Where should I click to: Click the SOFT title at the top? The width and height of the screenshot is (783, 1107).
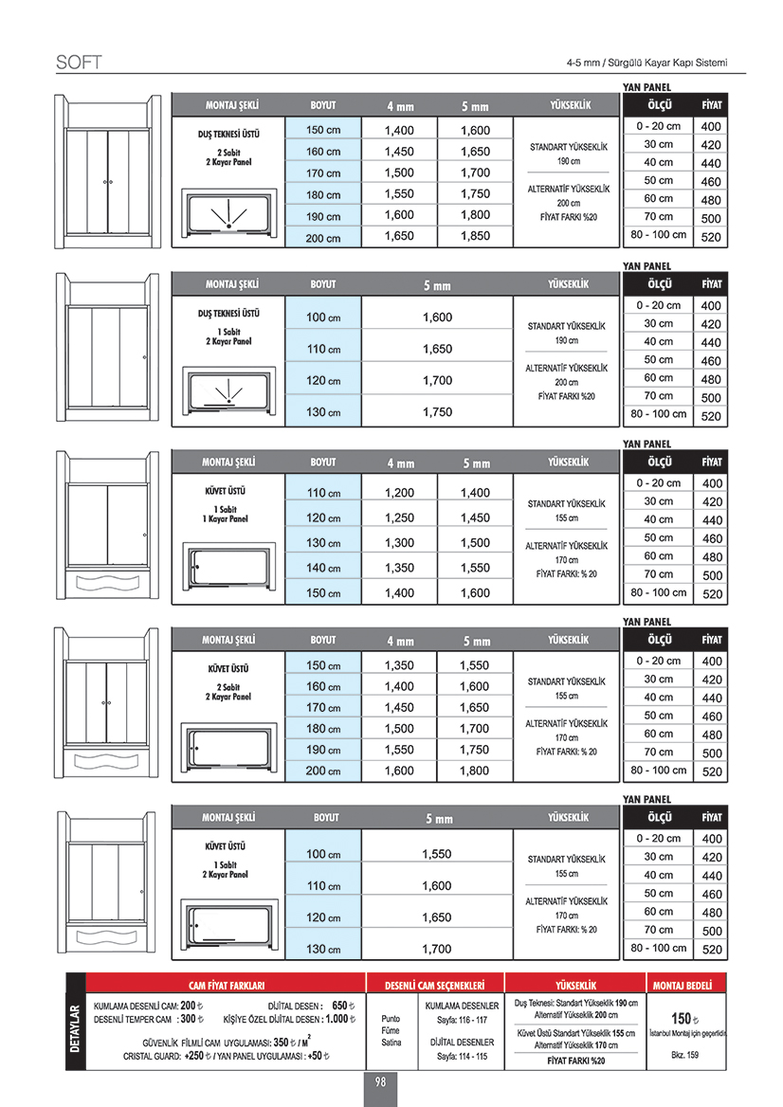coord(79,64)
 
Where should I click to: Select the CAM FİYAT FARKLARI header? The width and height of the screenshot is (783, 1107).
coord(227,984)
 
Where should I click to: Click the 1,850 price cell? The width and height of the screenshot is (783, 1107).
coord(475,236)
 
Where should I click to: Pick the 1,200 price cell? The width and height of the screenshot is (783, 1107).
coord(399,493)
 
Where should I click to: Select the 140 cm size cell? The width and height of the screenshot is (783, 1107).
coord(323,569)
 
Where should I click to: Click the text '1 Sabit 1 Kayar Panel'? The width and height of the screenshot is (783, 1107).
coord(226,514)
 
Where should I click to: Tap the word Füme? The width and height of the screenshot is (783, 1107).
coord(391,1030)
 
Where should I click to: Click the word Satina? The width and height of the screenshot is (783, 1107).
coord(391,1043)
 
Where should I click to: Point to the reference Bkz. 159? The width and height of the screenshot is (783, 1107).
coord(684,1055)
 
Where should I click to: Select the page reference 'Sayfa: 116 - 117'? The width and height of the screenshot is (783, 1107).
coord(462,1020)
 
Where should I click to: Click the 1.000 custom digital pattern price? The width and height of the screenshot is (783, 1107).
coord(337,1020)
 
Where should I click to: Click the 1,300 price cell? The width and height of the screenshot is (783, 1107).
coord(399,543)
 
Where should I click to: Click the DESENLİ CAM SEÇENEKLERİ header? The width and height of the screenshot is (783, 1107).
coord(435,984)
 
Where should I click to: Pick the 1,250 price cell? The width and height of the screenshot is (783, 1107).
coord(399,518)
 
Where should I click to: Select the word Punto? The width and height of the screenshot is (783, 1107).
coord(391,1018)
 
